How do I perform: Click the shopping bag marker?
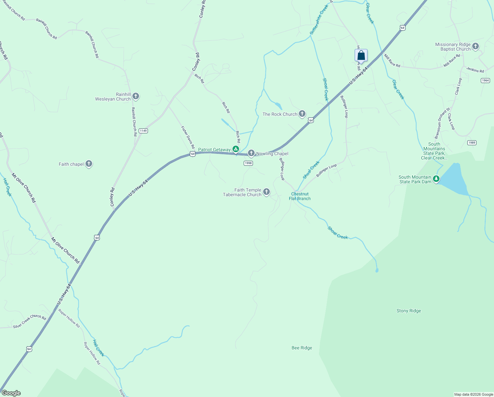click(x=361, y=55)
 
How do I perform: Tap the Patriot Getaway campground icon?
click(x=236, y=149)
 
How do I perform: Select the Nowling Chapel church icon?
click(x=251, y=153)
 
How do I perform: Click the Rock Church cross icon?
click(x=302, y=114)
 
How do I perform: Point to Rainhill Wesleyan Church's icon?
click(x=135, y=96)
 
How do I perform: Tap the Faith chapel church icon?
click(x=88, y=164)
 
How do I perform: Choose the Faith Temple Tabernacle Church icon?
click(x=266, y=192)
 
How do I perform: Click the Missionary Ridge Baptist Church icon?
click(x=475, y=46)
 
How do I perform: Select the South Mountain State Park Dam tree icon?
click(x=436, y=179)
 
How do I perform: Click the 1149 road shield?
click(x=143, y=131)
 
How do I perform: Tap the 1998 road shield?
click(x=248, y=163)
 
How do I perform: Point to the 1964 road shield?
click(x=485, y=80)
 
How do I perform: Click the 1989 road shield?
click(x=472, y=143)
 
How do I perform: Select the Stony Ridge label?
click(x=408, y=311)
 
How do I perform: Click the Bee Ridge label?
click(x=302, y=348)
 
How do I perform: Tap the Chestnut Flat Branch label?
click(x=300, y=196)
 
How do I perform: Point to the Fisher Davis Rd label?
click(x=188, y=137)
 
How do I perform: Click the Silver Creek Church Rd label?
click(x=29, y=321)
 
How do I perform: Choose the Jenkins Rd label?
click(x=475, y=70)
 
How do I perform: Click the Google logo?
click(x=11, y=393)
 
